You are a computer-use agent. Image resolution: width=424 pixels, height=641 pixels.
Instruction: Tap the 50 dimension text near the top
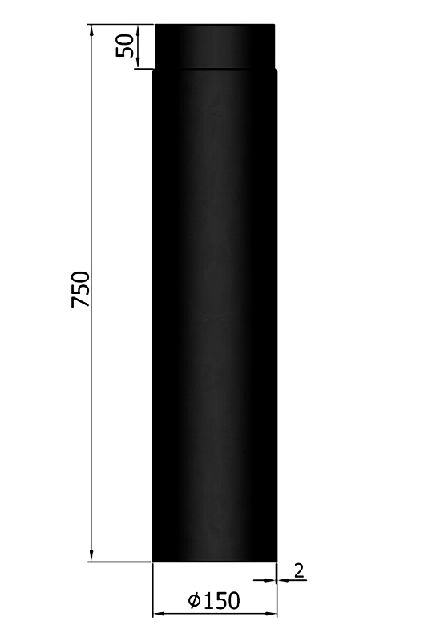click(x=126, y=46)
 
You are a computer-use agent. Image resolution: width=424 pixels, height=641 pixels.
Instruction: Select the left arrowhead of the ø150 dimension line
click(x=158, y=615)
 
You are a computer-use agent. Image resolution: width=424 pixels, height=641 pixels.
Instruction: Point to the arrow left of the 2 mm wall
click(x=269, y=578)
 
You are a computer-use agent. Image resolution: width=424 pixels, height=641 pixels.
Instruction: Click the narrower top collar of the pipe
click(x=216, y=46)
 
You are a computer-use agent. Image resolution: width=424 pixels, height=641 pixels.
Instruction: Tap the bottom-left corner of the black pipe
click(x=154, y=561)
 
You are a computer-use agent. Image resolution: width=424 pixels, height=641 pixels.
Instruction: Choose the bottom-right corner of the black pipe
click(x=277, y=561)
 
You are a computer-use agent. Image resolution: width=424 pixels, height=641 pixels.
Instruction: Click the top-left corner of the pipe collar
click(x=155, y=25)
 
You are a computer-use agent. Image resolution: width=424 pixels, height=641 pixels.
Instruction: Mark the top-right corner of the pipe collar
click(x=276, y=25)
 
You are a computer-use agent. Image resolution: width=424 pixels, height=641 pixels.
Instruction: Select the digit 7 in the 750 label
click(x=80, y=302)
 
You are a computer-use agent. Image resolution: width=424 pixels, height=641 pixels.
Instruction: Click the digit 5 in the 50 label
click(x=126, y=51)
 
